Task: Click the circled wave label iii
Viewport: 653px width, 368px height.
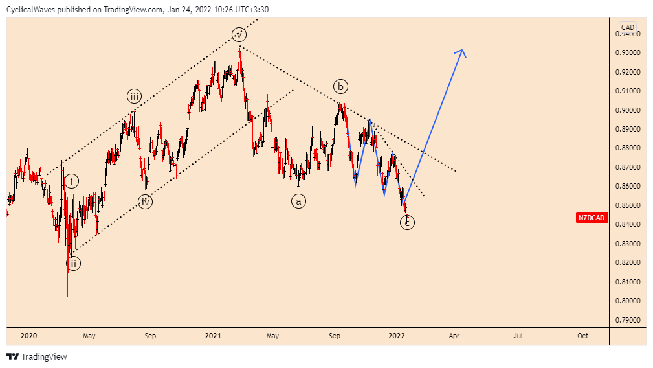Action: [133, 97]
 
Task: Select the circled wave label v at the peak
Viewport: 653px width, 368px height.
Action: [239, 34]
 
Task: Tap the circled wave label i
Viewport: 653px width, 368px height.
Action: [71, 181]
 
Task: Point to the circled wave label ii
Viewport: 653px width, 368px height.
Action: [73, 263]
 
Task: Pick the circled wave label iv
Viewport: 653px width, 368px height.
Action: [145, 201]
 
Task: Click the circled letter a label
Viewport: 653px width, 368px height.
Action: [298, 201]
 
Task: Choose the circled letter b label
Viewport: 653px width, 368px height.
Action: [340, 86]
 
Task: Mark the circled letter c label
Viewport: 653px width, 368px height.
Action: [407, 223]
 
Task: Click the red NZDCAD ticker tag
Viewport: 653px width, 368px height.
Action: [592, 218]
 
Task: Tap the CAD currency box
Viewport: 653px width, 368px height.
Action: [627, 27]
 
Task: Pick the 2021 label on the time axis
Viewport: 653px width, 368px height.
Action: [213, 336]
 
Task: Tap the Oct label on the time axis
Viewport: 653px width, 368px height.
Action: [582, 336]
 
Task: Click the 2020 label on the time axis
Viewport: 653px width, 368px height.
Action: [28, 336]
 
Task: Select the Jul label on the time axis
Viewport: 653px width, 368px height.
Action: [518, 336]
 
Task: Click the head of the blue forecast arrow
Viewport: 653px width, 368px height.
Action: [462, 52]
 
